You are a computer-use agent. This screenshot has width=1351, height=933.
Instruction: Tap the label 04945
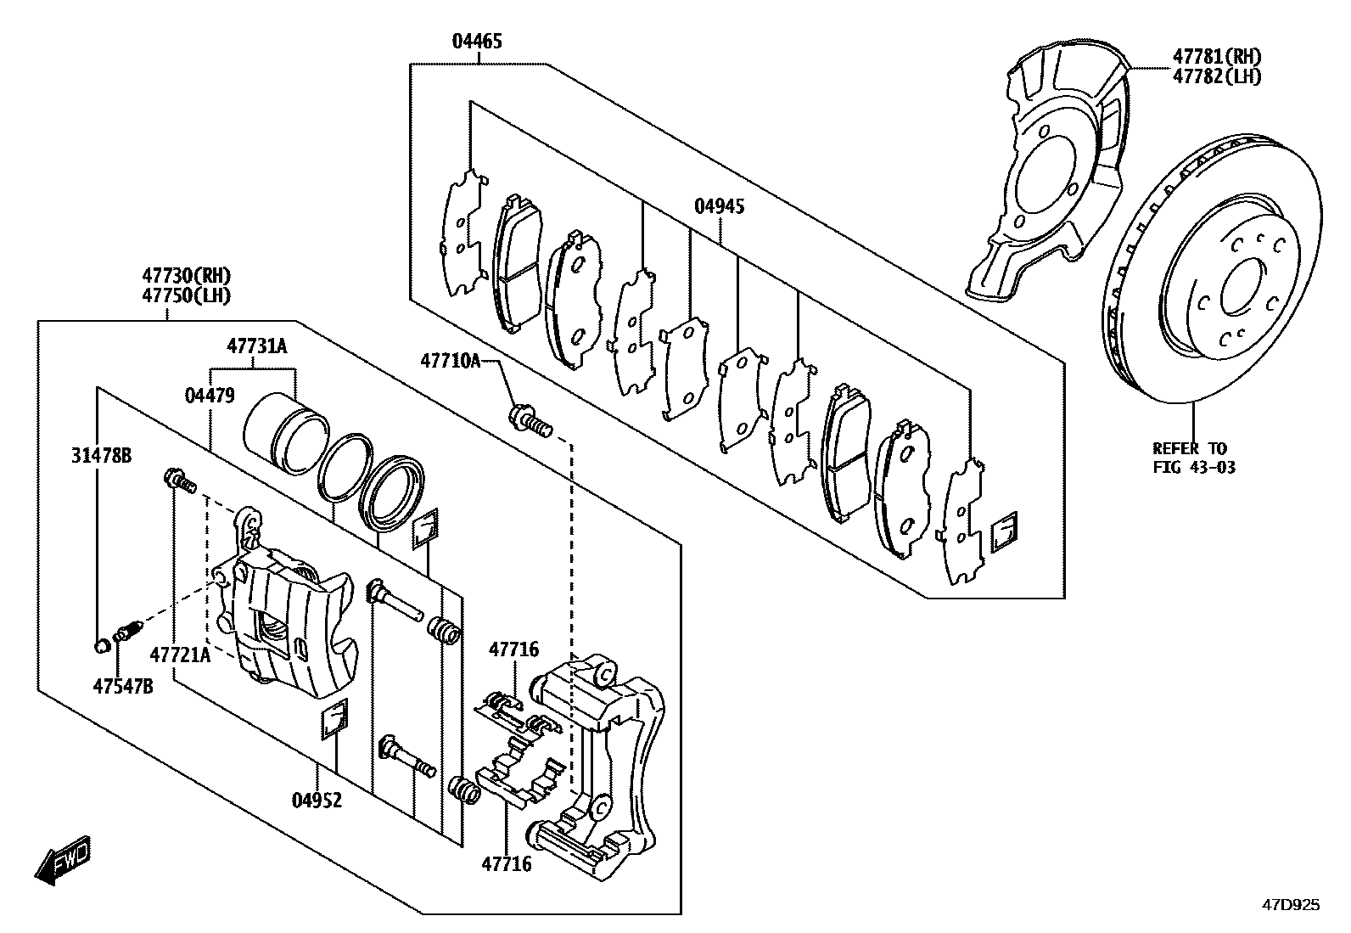click(x=720, y=206)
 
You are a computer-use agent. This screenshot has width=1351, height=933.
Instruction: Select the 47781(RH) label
click(x=1217, y=57)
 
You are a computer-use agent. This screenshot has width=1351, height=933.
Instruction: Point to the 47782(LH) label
click(x=1217, y=76)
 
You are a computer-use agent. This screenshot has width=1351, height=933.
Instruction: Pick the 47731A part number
click(x=257, y=346)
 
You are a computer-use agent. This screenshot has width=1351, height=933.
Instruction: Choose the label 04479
click(x=210, y=395)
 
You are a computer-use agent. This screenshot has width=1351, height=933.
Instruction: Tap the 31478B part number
click(x=101, y=457)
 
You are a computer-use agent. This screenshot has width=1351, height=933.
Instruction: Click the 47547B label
click(x=123, y=686)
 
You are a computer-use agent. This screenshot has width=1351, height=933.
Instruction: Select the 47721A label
click(x=179, y=655)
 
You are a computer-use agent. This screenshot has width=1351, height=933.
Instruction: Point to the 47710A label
click(x=450, y=361)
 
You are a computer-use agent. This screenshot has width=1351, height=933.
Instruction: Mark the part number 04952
click(x=317, y=800)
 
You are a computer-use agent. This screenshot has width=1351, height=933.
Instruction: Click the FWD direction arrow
click(x=63, y=864)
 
